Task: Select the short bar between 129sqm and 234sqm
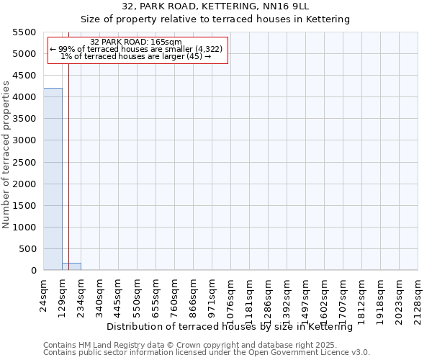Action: point(71,266)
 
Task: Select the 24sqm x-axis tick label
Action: point(44,293)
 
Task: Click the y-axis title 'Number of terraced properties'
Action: point(7,155)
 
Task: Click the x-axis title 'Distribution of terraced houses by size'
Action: point(229,327)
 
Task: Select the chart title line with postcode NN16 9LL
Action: point(215,6)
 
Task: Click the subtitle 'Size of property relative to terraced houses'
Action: point(215,19)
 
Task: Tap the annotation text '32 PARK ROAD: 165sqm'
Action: point(137,42)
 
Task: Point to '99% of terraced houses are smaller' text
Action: point(137,49)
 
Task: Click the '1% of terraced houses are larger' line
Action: point(136,56)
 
